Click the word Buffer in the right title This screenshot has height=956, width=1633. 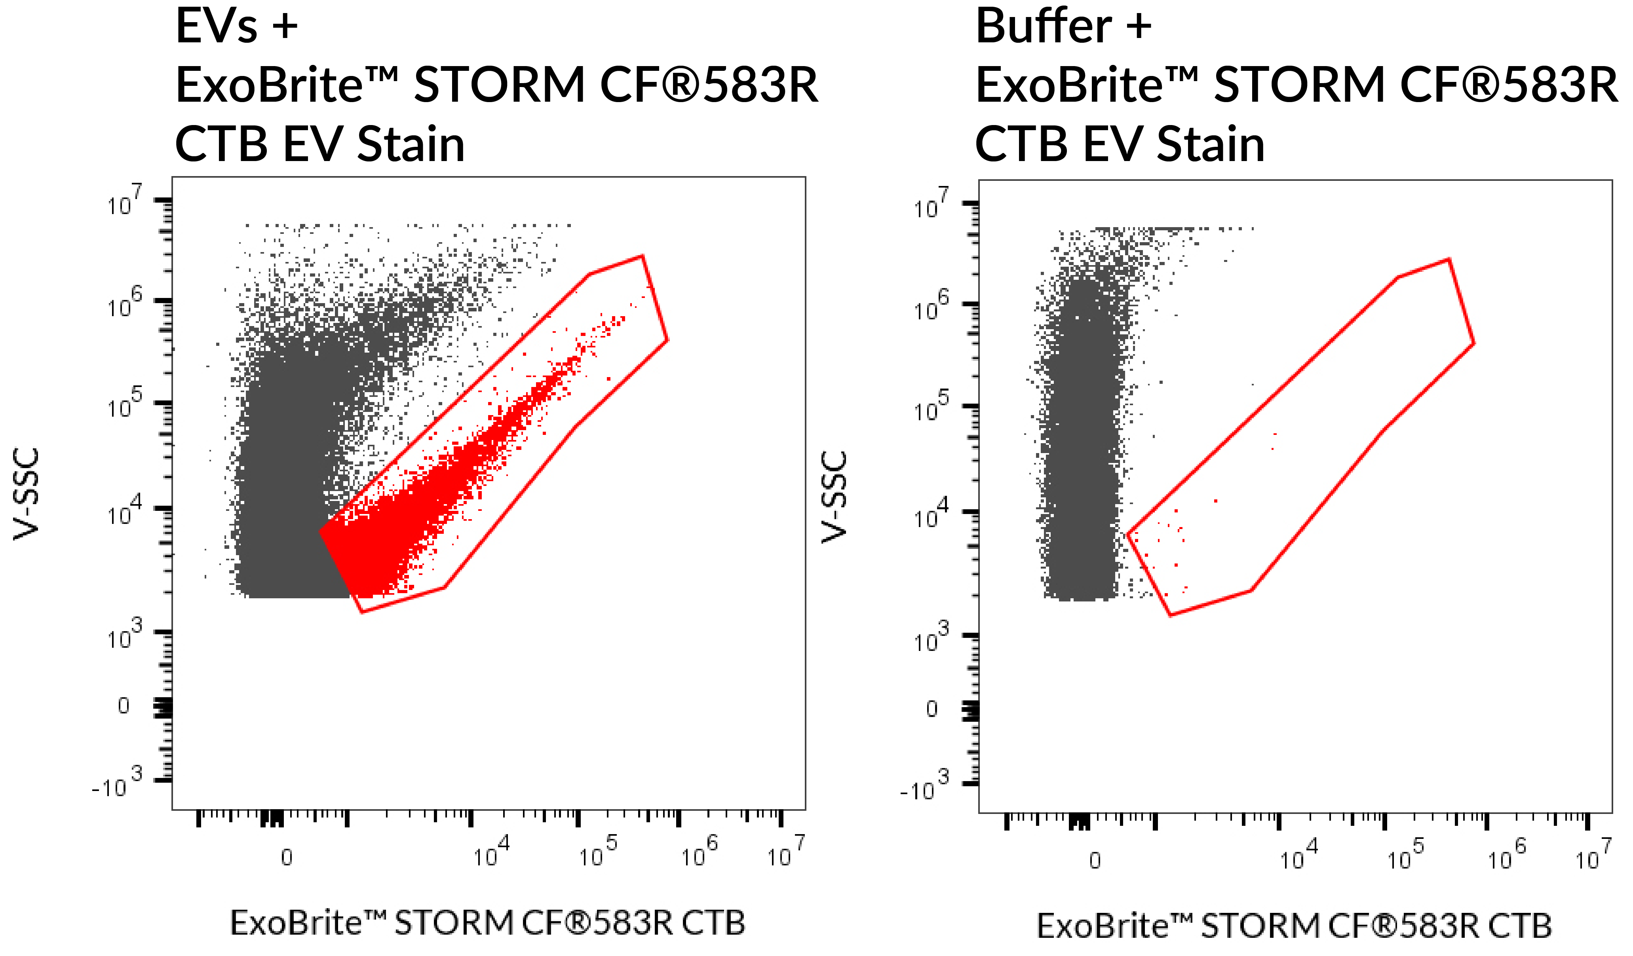[1043, 27]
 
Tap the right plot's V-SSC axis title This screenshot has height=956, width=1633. [835, 497]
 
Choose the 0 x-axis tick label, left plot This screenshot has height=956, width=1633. [287, 857]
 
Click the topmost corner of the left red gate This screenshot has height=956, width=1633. [642, 256]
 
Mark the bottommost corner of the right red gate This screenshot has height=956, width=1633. [1170, 615]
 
